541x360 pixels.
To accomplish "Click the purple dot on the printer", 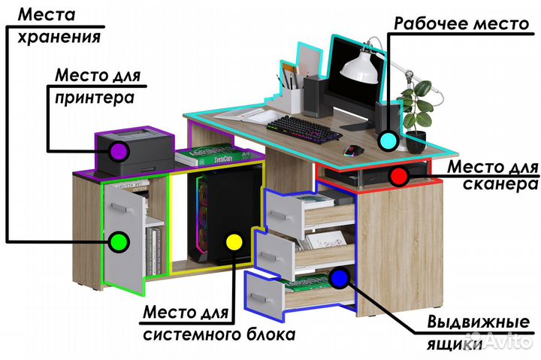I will [117, 150].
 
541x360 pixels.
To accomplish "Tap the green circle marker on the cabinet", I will [117, 241].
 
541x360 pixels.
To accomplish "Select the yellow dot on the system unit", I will [234, 241].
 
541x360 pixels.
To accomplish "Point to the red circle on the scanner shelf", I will [398, 177].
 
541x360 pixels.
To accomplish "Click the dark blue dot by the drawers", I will [339, 279].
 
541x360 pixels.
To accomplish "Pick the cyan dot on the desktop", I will [388, 140].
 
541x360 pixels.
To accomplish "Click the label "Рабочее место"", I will [461, 23].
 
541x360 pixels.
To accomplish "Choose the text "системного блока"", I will [218, 334].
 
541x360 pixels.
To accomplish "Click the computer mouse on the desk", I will [351, 150].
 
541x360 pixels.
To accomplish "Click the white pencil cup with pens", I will [293, 98].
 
